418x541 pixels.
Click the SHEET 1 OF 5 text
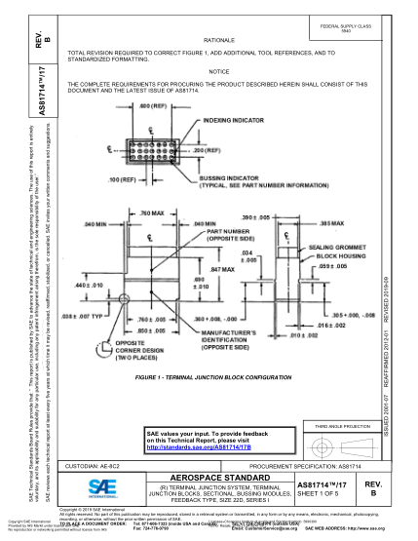(x=320, y=495)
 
